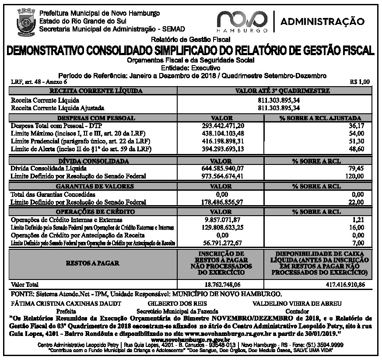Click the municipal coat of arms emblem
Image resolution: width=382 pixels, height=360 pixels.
(21, 21)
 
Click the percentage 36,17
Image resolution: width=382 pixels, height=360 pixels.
(355, 125)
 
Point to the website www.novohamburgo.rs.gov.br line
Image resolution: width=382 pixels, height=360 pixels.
(190, 339)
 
